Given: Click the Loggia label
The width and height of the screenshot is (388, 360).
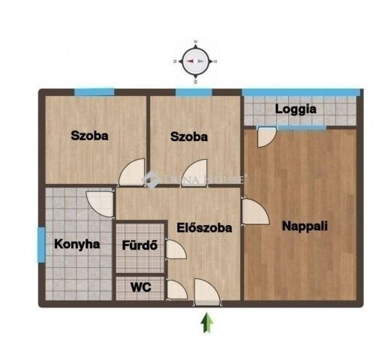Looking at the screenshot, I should (x=295, y=109).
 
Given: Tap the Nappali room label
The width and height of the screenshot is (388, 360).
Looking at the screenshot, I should (x=305, y=225).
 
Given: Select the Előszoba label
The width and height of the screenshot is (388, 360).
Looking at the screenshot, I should (x=203, y=227).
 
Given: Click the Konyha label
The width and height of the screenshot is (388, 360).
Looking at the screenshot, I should (x=77, y=244).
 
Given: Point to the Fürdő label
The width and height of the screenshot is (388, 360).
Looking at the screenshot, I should (x=140, y=244).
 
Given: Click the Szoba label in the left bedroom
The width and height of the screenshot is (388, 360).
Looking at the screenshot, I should (x=89, y=136).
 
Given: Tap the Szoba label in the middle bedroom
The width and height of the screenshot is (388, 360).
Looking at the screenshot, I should (x=188, y=137).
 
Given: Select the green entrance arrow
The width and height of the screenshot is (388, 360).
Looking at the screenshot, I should (x=206, y=323).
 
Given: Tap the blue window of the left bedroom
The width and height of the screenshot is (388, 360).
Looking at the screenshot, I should (x=94, y=91).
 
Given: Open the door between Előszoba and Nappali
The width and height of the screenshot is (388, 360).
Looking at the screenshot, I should (x=254, y=212).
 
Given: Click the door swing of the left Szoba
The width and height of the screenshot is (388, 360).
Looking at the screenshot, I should (x=134, y=172).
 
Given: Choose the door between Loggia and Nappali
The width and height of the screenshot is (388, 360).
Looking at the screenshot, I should (x=266, y=136).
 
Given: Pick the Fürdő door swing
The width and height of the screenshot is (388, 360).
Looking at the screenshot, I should (x=175, y=248).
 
